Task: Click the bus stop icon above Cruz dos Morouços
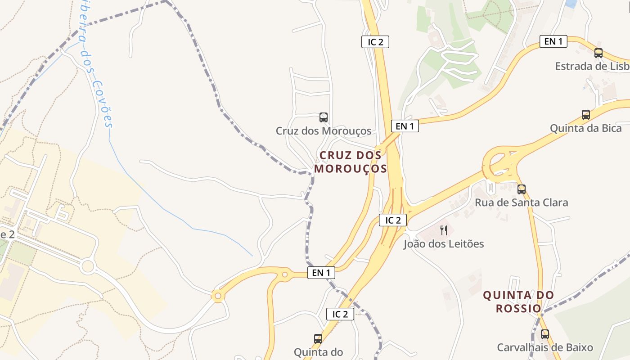323,117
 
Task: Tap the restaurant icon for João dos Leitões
444,230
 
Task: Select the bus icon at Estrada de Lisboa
598,53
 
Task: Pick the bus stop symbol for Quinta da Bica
585,115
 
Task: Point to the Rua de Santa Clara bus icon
521,189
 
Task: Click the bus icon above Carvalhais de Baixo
544,334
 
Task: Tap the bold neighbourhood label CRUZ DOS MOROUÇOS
350,162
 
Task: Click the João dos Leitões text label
444,244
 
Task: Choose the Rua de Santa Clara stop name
521,202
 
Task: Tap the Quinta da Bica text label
585,128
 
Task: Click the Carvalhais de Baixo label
544,347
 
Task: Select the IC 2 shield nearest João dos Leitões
393,220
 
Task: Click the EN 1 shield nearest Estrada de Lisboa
553,41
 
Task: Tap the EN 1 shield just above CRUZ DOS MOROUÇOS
405,126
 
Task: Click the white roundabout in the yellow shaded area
88,266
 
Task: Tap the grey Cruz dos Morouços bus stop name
324,131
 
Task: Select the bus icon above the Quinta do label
318,338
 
